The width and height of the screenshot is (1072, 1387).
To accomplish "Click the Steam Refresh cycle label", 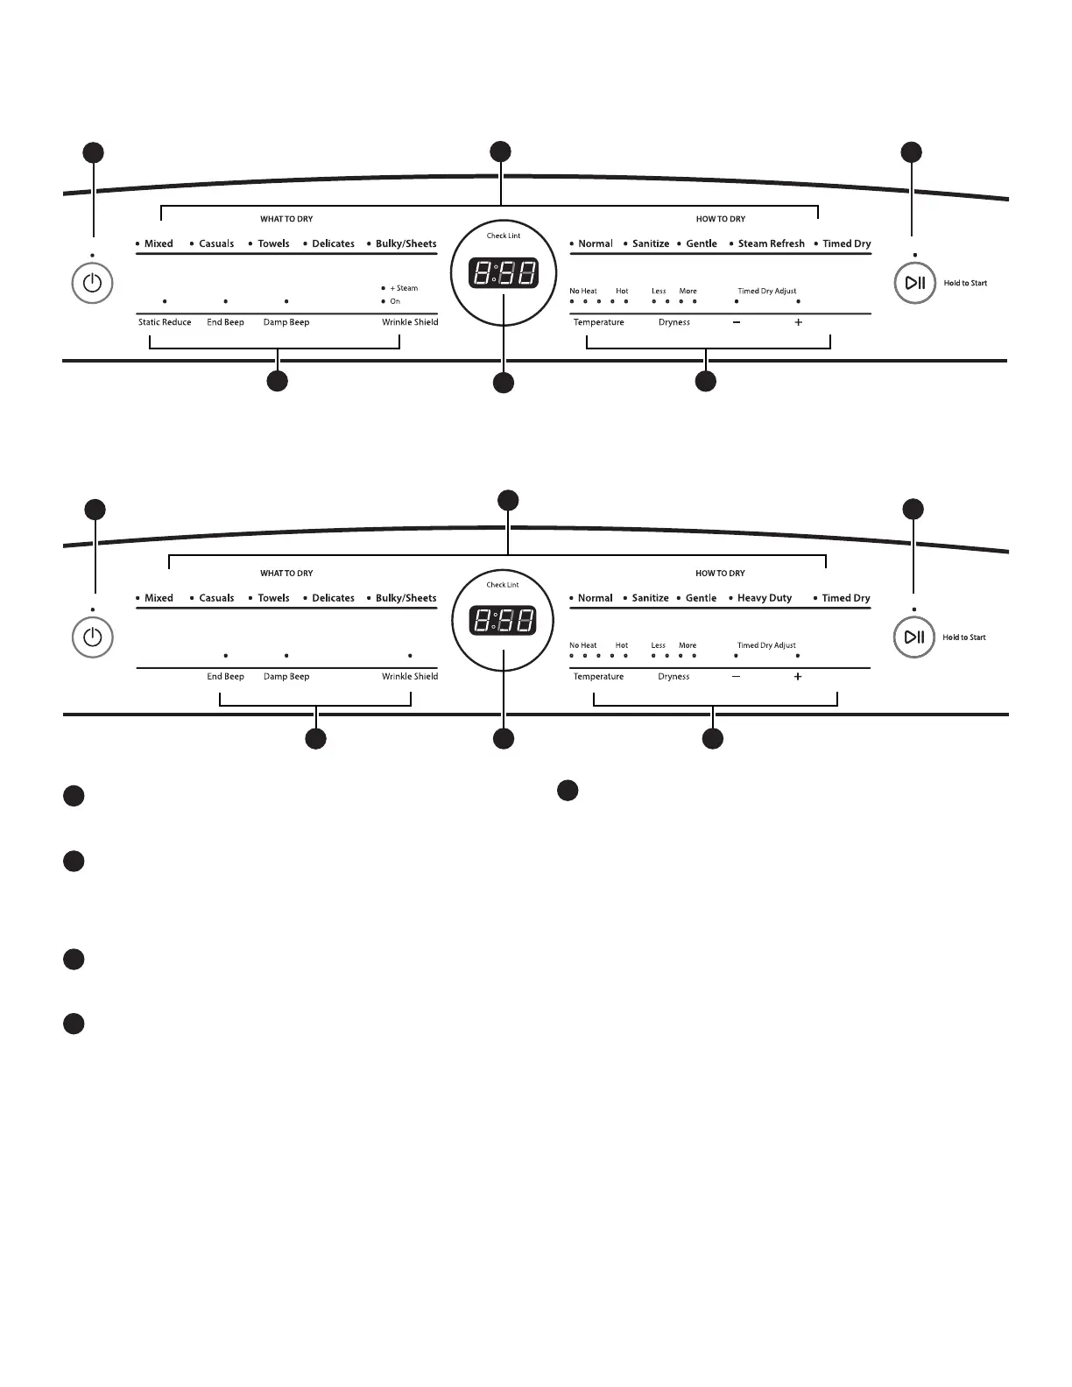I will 771,243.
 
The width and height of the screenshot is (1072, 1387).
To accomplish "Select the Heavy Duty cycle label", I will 765,598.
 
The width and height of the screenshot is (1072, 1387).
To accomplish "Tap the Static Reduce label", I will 165,322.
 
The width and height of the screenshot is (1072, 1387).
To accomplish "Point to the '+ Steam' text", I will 404,288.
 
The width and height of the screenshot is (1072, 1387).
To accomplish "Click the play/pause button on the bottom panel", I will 914,637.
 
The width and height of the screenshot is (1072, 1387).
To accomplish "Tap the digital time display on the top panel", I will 504,273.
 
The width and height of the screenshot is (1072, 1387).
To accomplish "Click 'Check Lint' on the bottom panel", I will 503,585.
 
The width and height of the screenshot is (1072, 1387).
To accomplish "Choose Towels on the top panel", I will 273,243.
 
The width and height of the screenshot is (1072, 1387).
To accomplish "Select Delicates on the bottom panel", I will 333,598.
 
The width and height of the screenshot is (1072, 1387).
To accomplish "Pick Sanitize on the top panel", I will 651,243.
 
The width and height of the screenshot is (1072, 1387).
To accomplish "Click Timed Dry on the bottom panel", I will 846,598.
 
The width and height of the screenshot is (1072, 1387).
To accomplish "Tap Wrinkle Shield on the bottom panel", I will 410,676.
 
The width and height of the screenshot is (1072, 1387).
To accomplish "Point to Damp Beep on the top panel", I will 286,322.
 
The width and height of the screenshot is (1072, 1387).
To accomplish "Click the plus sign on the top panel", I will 798,322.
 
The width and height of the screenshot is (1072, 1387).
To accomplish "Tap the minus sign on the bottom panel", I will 736,677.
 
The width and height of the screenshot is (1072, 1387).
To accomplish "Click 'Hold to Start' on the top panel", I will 965,283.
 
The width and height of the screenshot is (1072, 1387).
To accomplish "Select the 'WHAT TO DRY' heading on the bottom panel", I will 286,574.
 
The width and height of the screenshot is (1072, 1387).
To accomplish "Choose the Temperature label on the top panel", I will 599,322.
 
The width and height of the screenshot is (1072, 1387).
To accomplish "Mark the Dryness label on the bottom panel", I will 674,677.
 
